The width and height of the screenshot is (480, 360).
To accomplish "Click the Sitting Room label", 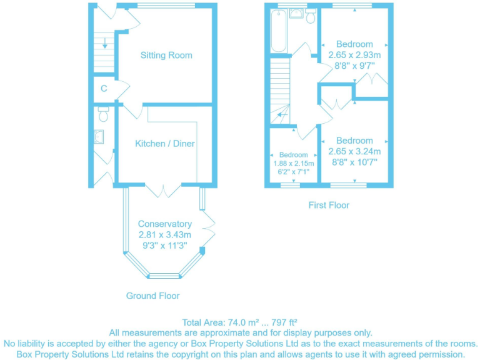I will tap(166, 55).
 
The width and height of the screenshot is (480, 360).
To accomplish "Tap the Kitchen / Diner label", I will tap(165, 143).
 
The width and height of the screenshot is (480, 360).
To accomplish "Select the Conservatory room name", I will tap(164, 224).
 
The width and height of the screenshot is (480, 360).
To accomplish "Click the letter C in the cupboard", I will tap(104, 89).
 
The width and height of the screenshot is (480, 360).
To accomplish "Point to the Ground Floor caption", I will tap(152, 296).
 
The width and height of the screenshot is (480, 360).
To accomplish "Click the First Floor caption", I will tap(329, 205).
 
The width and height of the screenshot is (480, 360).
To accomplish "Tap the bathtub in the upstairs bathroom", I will tap(278, 31).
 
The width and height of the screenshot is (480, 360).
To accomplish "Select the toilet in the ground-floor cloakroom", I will tap(104, 114).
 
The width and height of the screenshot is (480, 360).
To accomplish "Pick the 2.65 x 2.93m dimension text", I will tap(354, 55).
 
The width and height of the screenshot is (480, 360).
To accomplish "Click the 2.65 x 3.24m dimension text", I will tap(354, 151).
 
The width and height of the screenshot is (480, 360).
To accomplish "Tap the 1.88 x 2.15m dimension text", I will tap(293, 163).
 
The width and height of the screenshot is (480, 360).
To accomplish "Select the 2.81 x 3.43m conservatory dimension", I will tap(164, 234).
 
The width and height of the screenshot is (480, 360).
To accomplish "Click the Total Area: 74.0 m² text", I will tap(239, 322).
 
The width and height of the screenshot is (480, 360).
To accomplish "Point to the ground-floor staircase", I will tap(104, 51).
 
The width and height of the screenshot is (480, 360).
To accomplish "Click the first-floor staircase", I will tap(281, 87).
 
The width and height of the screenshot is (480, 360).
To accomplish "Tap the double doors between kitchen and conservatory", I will tap(164, 189).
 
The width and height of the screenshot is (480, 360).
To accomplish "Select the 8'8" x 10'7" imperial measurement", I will tap(354, 162).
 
